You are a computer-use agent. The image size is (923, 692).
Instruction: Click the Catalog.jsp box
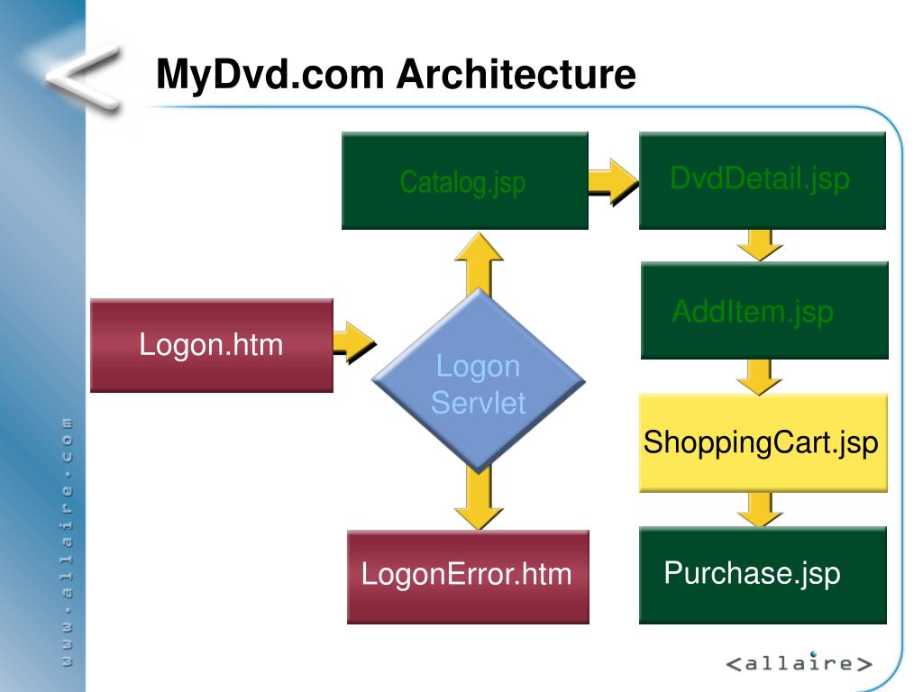(x=464, y=181)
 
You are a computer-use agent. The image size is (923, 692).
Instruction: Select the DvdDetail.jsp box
(x=762, y=180)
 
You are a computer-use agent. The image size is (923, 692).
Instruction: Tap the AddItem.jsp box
(x=764, y=311)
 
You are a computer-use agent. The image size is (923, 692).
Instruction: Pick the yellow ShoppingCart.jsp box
(x=763, y=442)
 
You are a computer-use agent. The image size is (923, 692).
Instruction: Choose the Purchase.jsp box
(x=763, y=575)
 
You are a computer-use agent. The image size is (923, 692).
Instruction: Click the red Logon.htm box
(x=212, y=345)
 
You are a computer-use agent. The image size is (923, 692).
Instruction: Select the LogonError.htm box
(x=467, y=576)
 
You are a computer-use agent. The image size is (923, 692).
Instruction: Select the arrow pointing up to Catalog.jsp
(x=479, y=260)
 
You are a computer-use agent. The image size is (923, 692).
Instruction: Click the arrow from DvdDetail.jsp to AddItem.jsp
(x=760, y=243)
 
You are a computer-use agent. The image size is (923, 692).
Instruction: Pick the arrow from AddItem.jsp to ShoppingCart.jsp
(x=760, y=375)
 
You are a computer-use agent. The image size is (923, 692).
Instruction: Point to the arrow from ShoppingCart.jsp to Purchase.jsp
(x=760, y=507)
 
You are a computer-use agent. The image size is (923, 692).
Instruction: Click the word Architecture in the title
(x=517, y=75)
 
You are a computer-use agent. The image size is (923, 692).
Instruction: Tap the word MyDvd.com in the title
(x=270, y=75)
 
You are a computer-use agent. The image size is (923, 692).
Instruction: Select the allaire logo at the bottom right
(x=800, y=664)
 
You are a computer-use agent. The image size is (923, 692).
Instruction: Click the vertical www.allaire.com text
(x=66, y=541)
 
